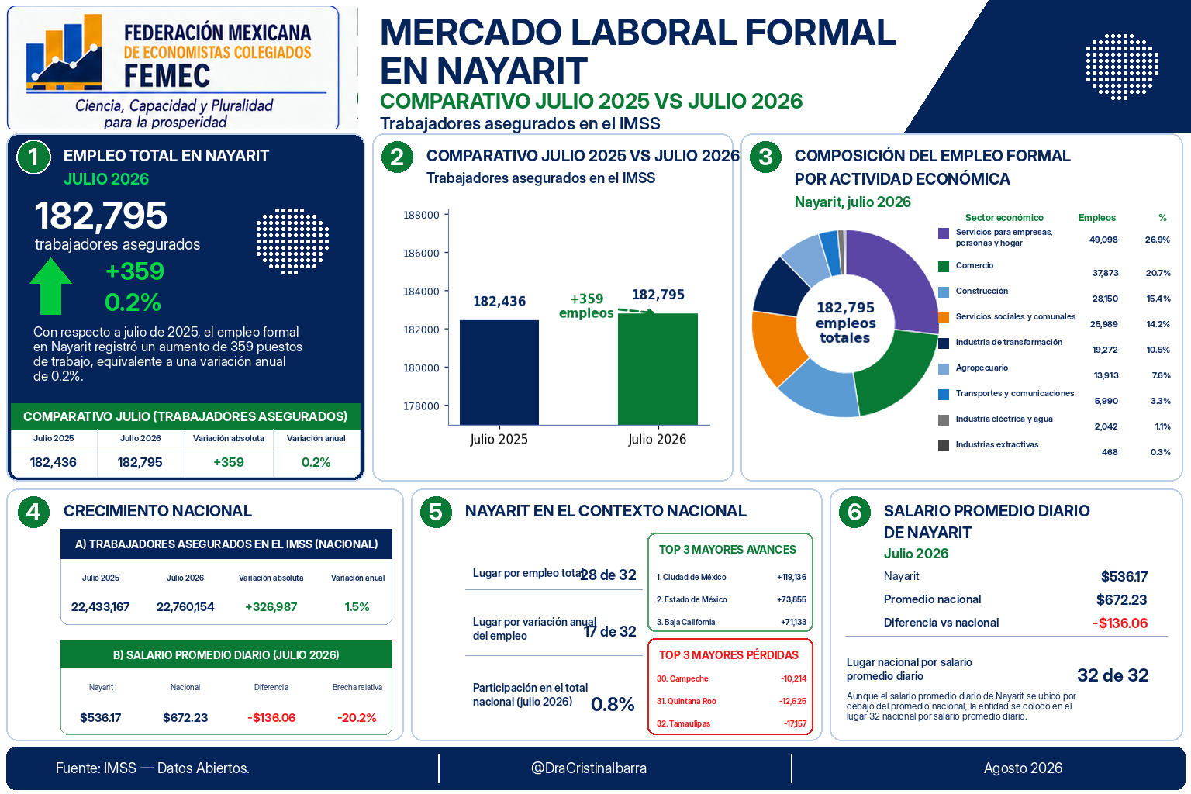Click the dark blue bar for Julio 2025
[499, 372]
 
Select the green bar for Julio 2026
[658, 369]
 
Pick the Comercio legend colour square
[943, 267]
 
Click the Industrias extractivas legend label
[996, 444]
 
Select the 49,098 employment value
[1103, 240]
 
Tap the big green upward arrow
[50, 286]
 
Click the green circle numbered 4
[33, 512]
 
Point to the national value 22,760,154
[185, 607]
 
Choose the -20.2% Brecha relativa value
[357, 718]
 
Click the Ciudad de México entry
[691, 577]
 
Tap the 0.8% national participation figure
[613, 704]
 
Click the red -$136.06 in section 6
[1120, 623]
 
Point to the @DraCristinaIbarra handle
[589, 768]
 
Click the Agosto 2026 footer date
[1023, 768]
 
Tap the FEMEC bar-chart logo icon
[64, 52]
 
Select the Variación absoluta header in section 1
[229, 438]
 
